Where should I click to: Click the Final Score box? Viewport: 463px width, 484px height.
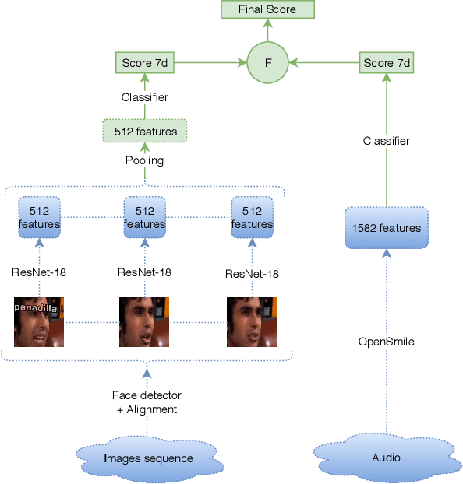point(267,9)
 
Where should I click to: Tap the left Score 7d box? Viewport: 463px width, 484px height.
point(145,61)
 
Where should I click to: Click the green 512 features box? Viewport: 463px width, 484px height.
point(145,132)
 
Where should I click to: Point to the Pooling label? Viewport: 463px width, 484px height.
point(145,160)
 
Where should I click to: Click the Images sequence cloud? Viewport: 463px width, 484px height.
point(148,458)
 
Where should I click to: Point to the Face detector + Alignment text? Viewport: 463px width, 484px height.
point(147,402)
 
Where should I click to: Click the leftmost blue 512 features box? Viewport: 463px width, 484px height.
point(39,217)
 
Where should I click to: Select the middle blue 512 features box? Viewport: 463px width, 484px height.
point(145,217)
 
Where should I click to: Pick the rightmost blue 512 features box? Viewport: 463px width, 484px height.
point(252,217)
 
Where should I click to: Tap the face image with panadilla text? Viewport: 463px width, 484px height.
point(39,321)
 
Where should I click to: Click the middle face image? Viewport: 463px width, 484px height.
point(144,321)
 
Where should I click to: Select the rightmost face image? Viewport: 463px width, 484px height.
point(252,321)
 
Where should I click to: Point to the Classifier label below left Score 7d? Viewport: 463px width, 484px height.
point(145,97)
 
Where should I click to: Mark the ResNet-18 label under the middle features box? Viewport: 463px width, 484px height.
point(145,272)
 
